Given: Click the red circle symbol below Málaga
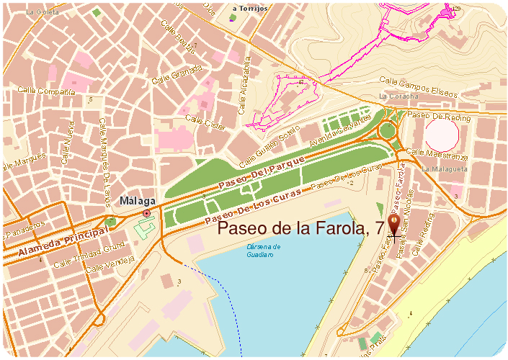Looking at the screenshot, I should [x=147, y=214].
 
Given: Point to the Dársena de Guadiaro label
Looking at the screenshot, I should [x=258, y=251].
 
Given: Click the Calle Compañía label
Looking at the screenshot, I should [x=47, y=92].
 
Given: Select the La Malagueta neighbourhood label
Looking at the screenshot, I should [x=445, y=168].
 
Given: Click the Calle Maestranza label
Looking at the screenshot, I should [x=437, y=154].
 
